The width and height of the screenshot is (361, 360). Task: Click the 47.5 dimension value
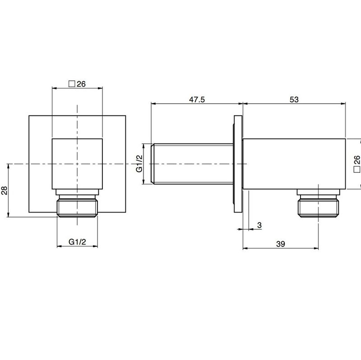tap(197, 100)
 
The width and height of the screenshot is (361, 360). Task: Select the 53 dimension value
tap(294, 100)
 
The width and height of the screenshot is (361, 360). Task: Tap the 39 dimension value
tap(280, 244)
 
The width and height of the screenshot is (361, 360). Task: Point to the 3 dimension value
tap(259, 225)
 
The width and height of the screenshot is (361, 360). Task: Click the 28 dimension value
tap(5, 190)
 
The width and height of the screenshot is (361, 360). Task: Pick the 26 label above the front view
tap(81, 84)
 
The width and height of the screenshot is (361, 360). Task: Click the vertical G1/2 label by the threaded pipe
tap(139, 164)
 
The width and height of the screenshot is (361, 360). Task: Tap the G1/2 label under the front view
tap(77, 242)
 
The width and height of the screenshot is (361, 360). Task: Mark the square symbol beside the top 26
tap(72, 84)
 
